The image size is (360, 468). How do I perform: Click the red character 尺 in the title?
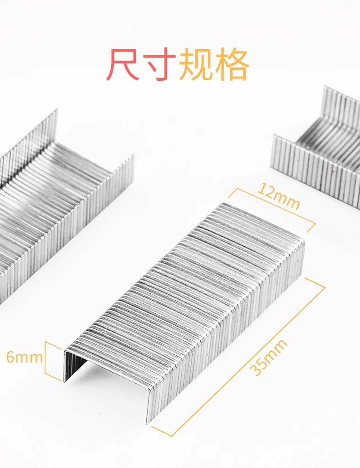123,65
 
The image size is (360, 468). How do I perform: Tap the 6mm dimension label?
24,357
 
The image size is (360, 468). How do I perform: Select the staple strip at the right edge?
319,151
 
